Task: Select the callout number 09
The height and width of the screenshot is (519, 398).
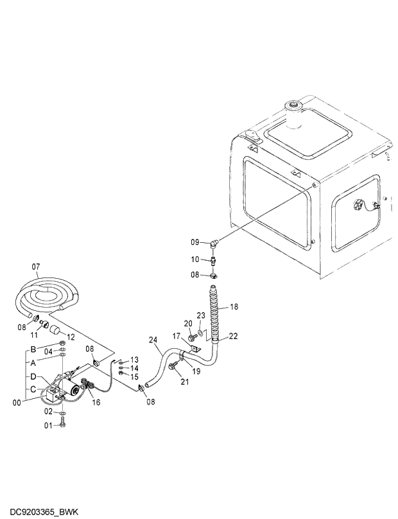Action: tap(195, 242)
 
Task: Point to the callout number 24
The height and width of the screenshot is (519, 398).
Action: tap(153, 340)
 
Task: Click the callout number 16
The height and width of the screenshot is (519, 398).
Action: tap(97, 402)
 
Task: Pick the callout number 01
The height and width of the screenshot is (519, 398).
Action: tap(48, 425)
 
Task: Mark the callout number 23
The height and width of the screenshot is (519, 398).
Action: tap(200, 315)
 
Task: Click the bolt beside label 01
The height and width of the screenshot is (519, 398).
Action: tap(62, 425)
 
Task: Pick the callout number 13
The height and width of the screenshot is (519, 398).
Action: tap(135, 360)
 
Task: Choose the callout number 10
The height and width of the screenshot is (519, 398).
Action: tap(195, 259)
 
